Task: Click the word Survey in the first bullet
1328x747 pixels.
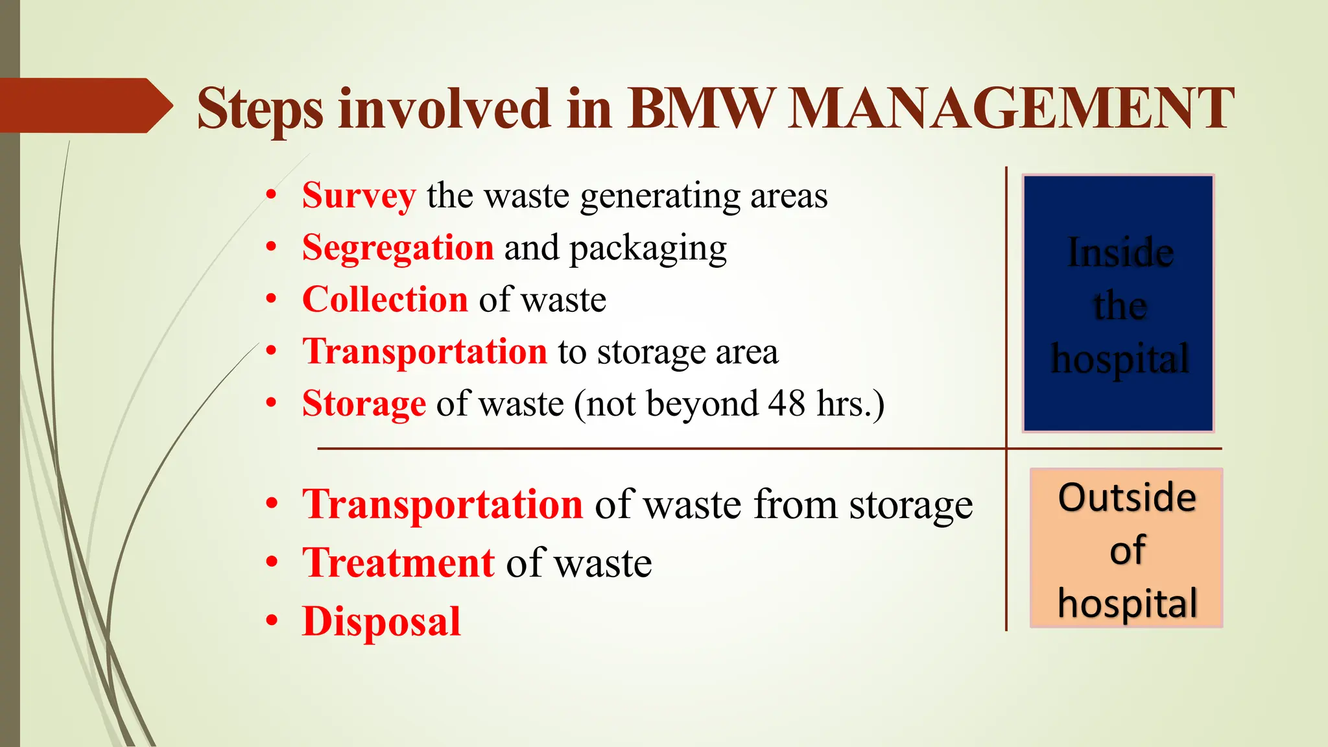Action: pos(359,195)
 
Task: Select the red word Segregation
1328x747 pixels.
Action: pos(397,248)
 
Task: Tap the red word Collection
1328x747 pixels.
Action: pos(385,300)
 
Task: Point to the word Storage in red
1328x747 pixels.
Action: pos(364,403)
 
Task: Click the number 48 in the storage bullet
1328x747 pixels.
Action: pos(787,403)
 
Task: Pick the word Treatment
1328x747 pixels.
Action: pos(398,562)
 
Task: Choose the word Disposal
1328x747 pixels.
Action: pos(381,621)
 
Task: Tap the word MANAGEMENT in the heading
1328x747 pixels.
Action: pos(1010,108)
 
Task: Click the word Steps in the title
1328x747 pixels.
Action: pos(260,109)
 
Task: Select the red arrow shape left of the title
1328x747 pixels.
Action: pos(84,106)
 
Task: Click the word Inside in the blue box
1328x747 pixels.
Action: pos(1120,252)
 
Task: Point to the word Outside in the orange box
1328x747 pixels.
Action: pos(1127,497)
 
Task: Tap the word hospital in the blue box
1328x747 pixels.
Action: pos(1120,359)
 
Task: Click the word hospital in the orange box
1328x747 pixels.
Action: pos(1127,603)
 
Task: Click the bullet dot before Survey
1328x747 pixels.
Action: pos(272,195)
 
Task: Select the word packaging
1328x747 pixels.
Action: pos(648,249)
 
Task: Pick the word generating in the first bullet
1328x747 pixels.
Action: pos(660,196)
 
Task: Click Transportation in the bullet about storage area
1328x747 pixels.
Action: pos(425,351)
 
